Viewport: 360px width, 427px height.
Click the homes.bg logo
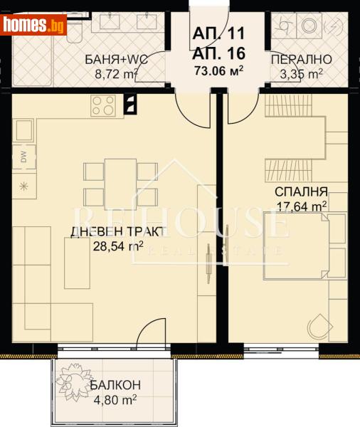point(33,26)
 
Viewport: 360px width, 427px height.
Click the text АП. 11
point(219,33)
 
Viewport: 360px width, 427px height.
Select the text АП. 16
point(219,52)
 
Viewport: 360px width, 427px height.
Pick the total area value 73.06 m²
point(219,70)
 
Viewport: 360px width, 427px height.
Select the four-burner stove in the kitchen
point(104,106)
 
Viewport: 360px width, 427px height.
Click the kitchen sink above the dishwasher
point(23,131)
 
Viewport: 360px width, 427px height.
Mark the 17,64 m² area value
point(302,206)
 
